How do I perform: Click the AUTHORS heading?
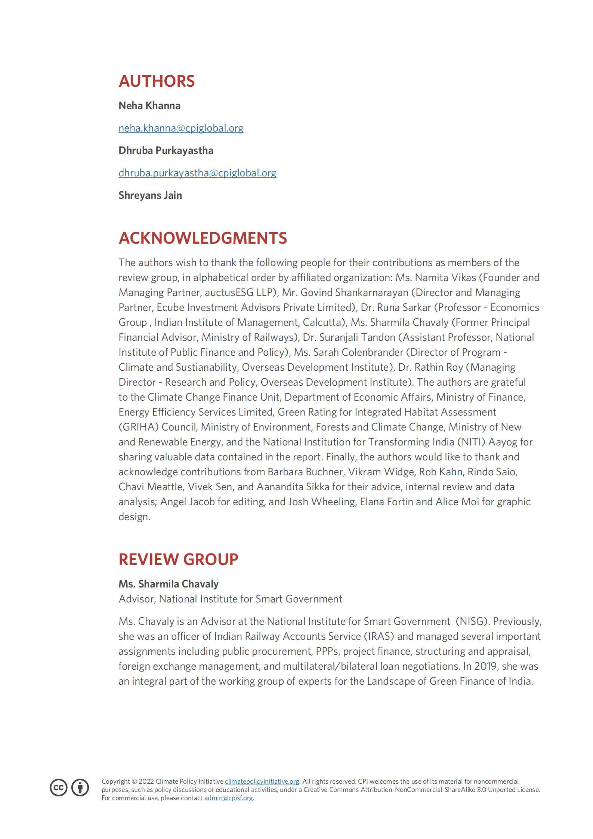click(x=157, y=81)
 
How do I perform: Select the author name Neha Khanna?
click(x=149, y=106)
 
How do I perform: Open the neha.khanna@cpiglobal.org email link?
click(x=181, y=128)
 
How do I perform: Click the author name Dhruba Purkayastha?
click(x=166, y=151)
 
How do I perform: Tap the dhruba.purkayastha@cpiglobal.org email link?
click(x=197, y=173)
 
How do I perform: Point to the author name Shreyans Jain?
click(x=150, y=195)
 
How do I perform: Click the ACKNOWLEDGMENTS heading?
click(x=203, y=238)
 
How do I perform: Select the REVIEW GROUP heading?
click(x=178, y=559)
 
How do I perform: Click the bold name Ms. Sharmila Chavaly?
click(x=169, y=584)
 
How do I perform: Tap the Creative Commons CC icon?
click(x=59, y=787)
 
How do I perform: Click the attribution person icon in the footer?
click(x=80, y=787)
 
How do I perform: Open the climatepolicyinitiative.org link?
click(x=262, y=781)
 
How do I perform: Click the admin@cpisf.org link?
click(x=229, y=798)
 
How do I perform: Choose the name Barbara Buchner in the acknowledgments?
click(x=305, y=472)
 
